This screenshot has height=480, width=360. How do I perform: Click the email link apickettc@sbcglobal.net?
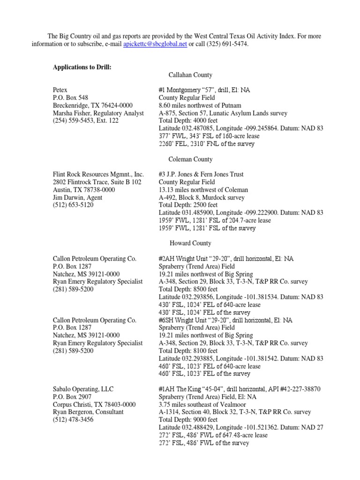click(x=155, y=44)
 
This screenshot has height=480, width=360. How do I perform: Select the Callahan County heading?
click(x=190, y=75)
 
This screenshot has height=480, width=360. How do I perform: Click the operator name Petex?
click(x=60, y=90)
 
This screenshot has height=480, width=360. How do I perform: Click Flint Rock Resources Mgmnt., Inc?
click(x=98, y=174)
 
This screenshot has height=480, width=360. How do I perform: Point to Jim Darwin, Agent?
click(x=77, y=197)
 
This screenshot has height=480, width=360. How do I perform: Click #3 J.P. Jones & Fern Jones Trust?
click(x=201, y=174)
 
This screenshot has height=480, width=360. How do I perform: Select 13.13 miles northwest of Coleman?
click(x=203, y=190)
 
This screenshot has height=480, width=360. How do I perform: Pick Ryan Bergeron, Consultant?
click(x=88, y=412)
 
